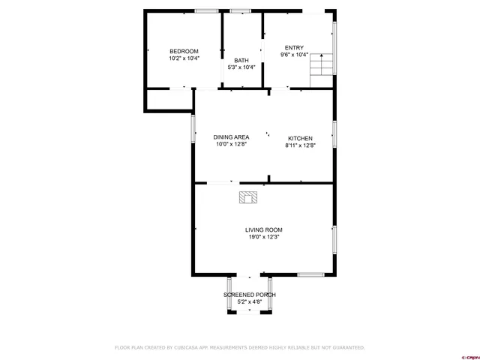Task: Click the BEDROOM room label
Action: tap(184, 51)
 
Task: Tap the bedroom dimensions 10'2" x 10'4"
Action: tap(184, 58)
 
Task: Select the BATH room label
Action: tap(241, 61)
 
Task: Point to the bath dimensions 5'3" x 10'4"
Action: tap(241, 67)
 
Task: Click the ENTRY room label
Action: tap(294, 47)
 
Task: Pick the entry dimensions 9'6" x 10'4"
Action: tap(294, 54)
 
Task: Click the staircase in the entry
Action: tap(321, 64)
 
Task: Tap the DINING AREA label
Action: tap(231, 137)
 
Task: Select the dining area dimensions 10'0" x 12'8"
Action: tap(231, 144)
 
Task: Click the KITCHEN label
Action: tap(300, 139)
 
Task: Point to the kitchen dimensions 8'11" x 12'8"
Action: tap(300, 145)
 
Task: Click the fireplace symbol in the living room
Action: tap(247, 197)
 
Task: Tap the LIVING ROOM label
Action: tap(264, 229)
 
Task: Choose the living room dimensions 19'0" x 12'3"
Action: tap(264, 237)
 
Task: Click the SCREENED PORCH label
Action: tap(249, 295)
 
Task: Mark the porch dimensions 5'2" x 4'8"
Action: tap(249, 301)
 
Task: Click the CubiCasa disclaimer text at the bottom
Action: tap(239, 347)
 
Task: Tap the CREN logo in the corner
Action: tap(469, 356)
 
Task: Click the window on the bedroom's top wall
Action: tap(206, 10)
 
